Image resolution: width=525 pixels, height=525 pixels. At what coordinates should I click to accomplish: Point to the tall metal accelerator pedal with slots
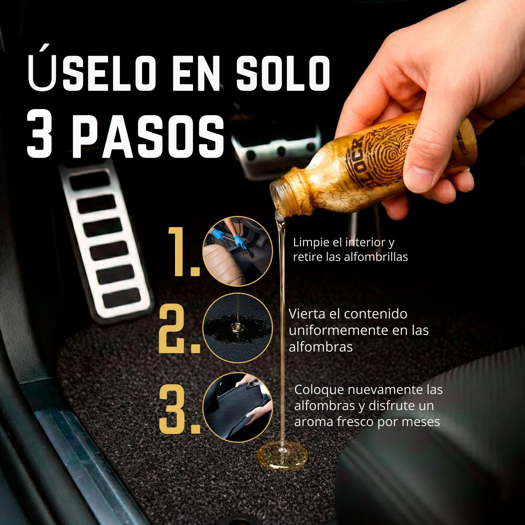[x=105, y=240]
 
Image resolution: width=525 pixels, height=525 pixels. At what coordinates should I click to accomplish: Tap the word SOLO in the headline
[x=283, y=73]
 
